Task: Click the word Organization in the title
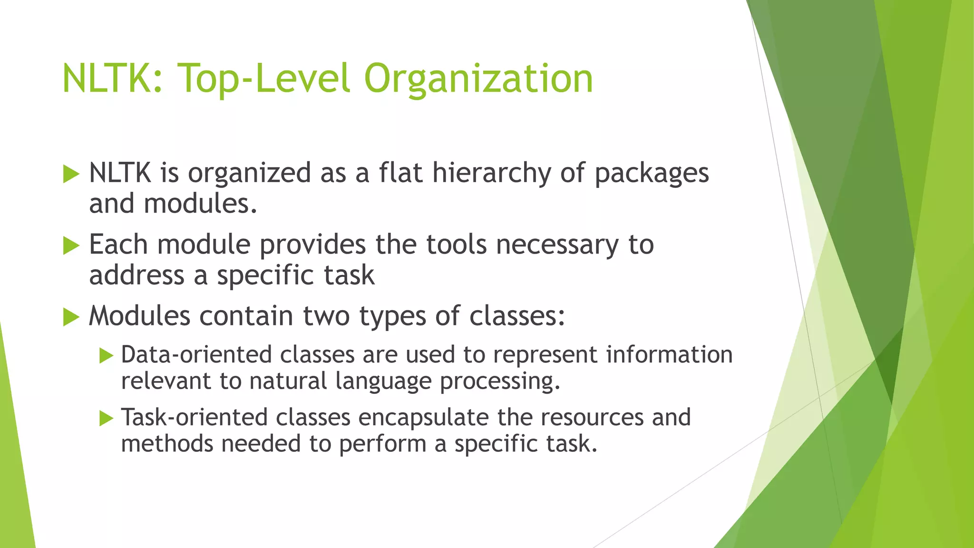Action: coord(478,78)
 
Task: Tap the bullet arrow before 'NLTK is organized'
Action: coord(71,174)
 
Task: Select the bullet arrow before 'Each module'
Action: coord(71,246)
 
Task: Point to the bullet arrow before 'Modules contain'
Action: coord(71,317)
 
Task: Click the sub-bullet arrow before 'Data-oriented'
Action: coord(107,356)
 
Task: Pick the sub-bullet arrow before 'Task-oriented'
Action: coord(107,419)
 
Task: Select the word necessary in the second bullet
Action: coord(557,245)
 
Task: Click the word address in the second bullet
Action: coord(136,275)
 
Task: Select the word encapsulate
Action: coord(423,418)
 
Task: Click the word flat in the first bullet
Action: coord(400,173)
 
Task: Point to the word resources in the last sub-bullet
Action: coord(592,418)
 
